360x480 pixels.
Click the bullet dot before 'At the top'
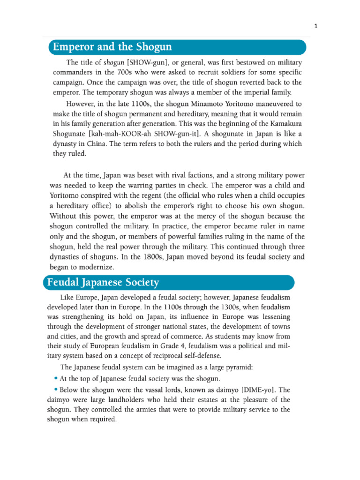click(x=56, y=378)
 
